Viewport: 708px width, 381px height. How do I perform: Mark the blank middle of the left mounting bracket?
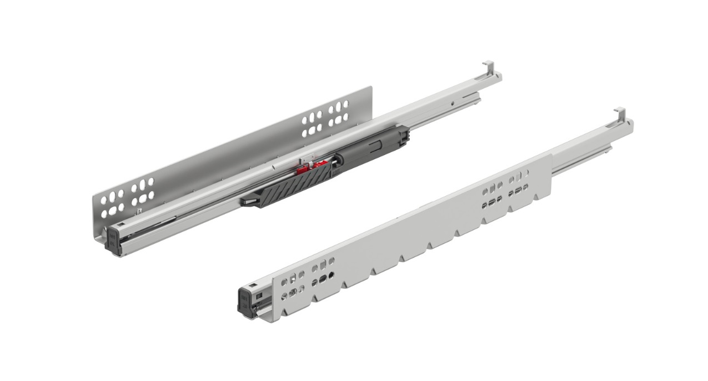[x=222, y=161]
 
